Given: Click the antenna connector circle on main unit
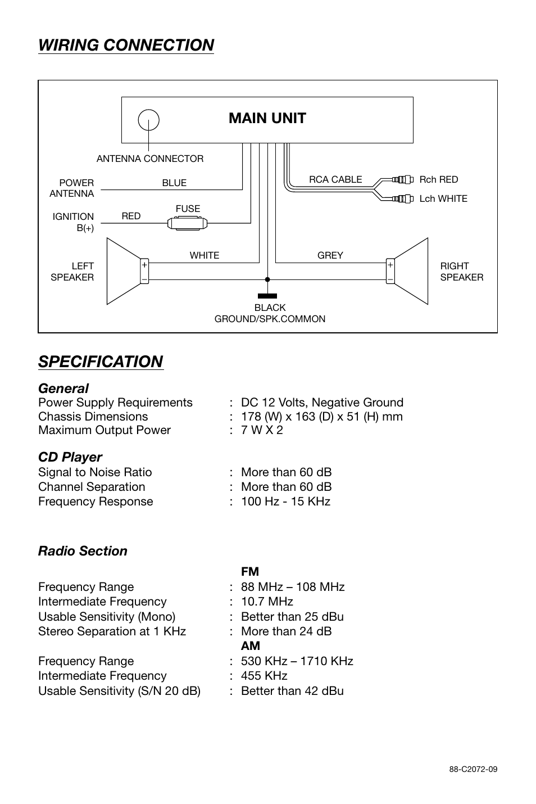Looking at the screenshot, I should click(x=149, y=120).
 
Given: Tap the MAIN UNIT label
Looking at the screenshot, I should click(x=267, y=118).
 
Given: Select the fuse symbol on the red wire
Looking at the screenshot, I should click(x=188, y=224).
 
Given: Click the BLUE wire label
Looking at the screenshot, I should click(x=174, y=183).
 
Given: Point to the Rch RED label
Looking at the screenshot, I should click(x=438, y=179).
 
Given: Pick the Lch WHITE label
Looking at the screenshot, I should click(x=443, y=198).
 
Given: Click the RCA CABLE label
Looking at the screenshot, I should click(x=335, y=179).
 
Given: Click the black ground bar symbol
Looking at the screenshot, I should click(x=267, y=296).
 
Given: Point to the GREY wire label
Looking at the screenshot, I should click(x=330, y=255).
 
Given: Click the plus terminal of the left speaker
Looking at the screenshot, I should click(x=144, y=264).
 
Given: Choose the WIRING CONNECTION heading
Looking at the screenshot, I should click(x=126, y=45).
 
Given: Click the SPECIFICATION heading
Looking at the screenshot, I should click(x=101, y=362).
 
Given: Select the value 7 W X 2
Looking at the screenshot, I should click(x=262, y=430).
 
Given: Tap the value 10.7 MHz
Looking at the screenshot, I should click(x=267, y=602).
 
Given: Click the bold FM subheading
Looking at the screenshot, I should click(x=250, y=572).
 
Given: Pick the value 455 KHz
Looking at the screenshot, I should click(x=264, y=676).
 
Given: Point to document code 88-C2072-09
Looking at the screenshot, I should click(x=473, y=770).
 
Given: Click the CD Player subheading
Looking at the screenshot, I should click(x=70, y=457).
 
